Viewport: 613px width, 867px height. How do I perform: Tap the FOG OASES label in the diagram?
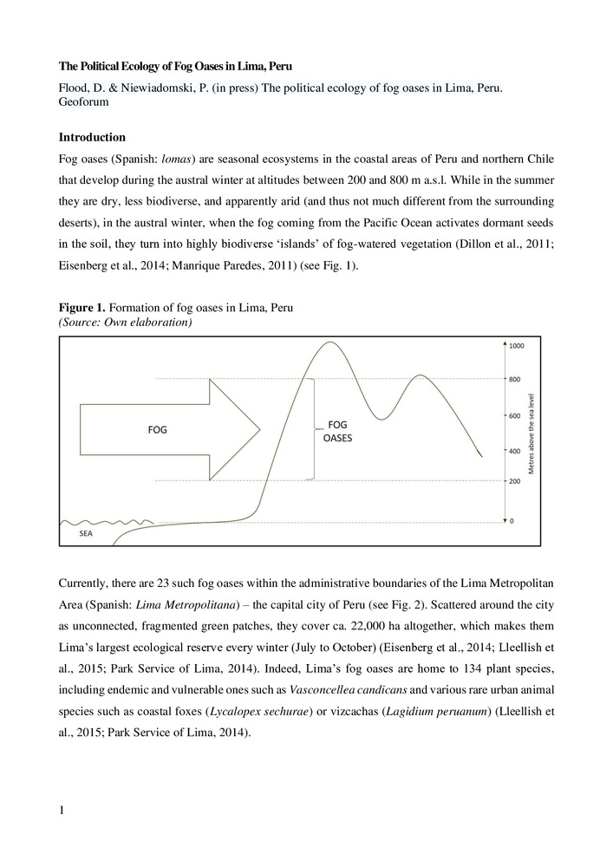coord(337,432)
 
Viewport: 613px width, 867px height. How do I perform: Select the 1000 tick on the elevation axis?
coord(517,345)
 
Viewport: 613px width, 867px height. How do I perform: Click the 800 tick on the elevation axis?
coord(515,379)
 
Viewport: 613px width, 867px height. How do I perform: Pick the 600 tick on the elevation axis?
coord(515,415)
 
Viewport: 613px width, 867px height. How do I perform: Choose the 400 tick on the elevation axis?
coord(515,451)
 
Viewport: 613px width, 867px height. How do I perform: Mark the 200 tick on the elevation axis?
coord(515,480)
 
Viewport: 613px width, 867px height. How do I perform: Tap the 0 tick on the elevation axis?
coord(512,521)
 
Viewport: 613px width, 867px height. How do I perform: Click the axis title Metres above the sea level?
coord(531,433)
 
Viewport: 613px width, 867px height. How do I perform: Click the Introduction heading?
coord(92,137)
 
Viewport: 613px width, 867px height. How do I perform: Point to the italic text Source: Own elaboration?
coord(125,323)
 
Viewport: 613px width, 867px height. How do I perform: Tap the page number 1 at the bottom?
coord(62,811)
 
